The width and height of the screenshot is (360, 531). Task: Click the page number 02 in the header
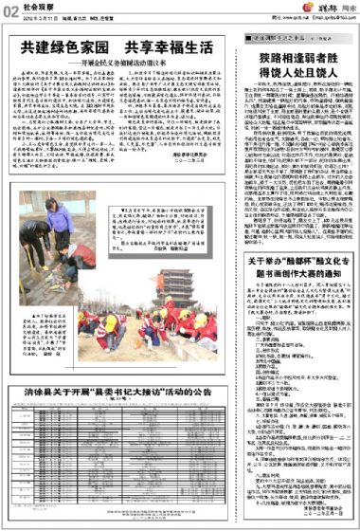pyautogui.click(x=9, y=9)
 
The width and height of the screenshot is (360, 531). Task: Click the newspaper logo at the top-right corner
pyautogui.click(x=337, y=9)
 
